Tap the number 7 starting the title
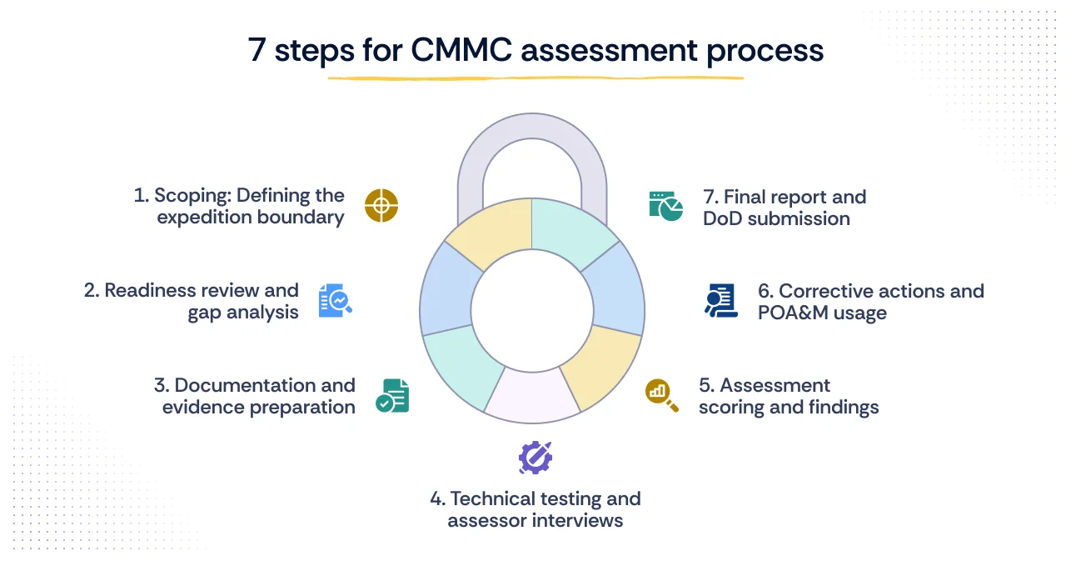[257, 50]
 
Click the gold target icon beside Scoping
[381, 206]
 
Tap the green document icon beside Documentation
[392, 396]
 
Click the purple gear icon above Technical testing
[535, 458]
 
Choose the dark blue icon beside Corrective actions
[721, 301]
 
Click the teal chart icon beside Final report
[665, 205]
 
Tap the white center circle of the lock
[531, 309]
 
